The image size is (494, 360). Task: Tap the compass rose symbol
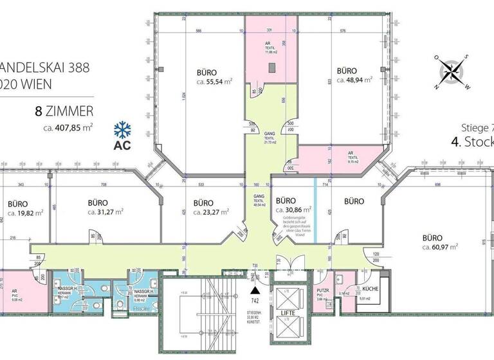tap(455, 71)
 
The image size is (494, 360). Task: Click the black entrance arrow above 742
tap(253, 292)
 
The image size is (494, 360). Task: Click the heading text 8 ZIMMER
tap(64, 111)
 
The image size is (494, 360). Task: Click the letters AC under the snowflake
tap(122, 145)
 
